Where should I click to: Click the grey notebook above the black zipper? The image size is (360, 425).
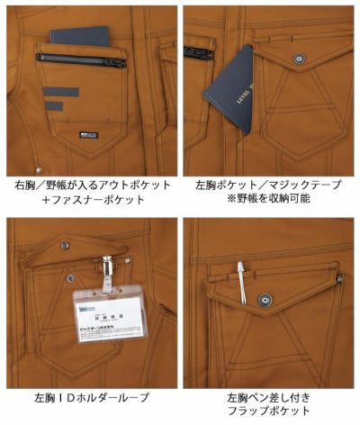[x=79, y=37]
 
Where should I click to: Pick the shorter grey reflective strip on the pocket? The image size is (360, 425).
[x=54, y=106]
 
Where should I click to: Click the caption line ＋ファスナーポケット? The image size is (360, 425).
[x=91, y=200]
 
